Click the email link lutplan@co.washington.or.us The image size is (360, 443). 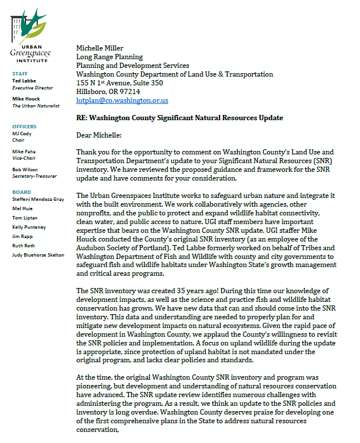click(122, 100)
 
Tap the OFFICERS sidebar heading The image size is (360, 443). click(24, 127)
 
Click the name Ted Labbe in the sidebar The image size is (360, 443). click(24, 81)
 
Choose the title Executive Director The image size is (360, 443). click(33, 88)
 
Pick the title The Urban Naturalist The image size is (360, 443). click(36, 106)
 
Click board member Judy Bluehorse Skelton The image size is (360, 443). click(38, 255)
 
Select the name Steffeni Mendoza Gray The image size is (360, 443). click(38, 200)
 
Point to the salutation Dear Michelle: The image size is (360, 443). click(102, 135)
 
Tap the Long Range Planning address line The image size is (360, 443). click(109, 57)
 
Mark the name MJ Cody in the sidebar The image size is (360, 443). click(22, 134)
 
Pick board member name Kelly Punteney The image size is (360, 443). click(29, 227)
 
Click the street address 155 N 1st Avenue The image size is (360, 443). click(123, 83)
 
